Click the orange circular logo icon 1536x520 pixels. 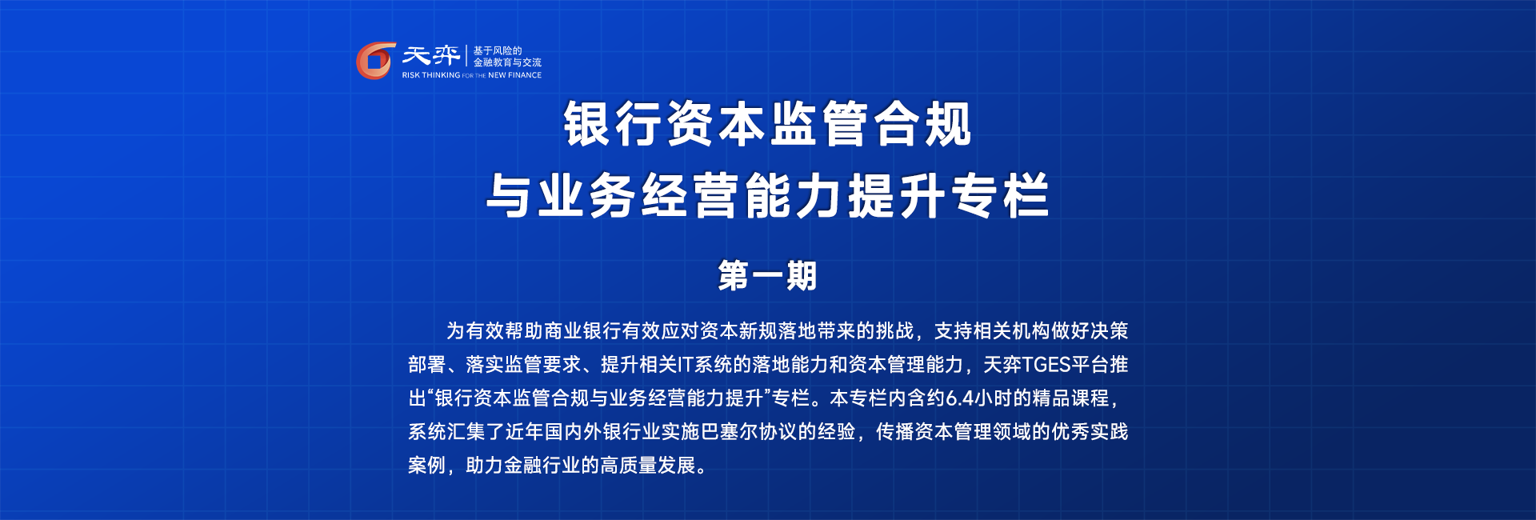375,61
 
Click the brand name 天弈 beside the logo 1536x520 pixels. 430,55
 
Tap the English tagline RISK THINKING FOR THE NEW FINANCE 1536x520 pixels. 472,75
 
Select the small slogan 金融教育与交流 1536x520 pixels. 507,62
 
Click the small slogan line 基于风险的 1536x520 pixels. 498,50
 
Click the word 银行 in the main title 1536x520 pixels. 614,124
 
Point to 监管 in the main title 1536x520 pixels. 819,124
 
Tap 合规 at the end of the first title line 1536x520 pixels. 922,124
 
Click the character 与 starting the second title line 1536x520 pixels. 511,196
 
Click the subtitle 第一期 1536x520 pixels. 767,276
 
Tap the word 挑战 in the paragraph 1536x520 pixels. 895,331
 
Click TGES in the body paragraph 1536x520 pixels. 1046,365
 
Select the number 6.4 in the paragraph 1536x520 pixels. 958,398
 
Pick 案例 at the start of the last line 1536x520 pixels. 427,466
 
